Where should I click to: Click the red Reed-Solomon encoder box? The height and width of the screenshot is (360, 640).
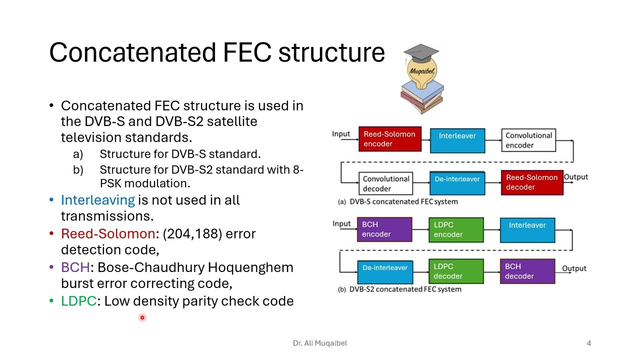(x=389, y=139)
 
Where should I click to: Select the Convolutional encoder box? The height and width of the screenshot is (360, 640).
(x=528, y=140)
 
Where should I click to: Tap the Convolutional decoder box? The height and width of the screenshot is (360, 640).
(x=385, y=183)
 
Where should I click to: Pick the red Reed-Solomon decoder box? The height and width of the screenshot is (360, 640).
(x=532, y=182)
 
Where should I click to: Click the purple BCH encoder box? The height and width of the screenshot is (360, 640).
(x=384, y=229)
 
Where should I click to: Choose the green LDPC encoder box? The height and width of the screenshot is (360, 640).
(x=455, y=229)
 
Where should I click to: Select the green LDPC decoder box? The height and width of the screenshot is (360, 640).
(x=455, y=271)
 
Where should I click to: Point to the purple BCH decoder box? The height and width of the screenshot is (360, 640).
(x=527, y=271)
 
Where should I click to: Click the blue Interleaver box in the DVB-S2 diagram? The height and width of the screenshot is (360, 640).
(x=527, y=229)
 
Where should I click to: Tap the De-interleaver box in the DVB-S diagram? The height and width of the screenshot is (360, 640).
(x=457, y=183)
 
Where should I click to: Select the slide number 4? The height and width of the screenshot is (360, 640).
(x=589, y=343)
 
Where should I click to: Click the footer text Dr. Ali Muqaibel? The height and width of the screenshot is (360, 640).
(x=319, y=343)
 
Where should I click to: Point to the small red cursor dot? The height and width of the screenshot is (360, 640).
(x=142, y=317)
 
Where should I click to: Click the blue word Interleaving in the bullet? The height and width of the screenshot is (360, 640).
(x=97, y=200)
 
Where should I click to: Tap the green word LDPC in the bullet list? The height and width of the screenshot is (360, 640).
(x=78, y=301)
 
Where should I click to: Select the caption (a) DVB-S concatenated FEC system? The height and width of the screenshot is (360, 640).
(x=397, y=201)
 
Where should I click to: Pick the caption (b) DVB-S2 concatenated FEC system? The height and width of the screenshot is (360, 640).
(x=399, y=289)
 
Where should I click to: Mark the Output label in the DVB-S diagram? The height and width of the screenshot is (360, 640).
(x=575, y=177)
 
